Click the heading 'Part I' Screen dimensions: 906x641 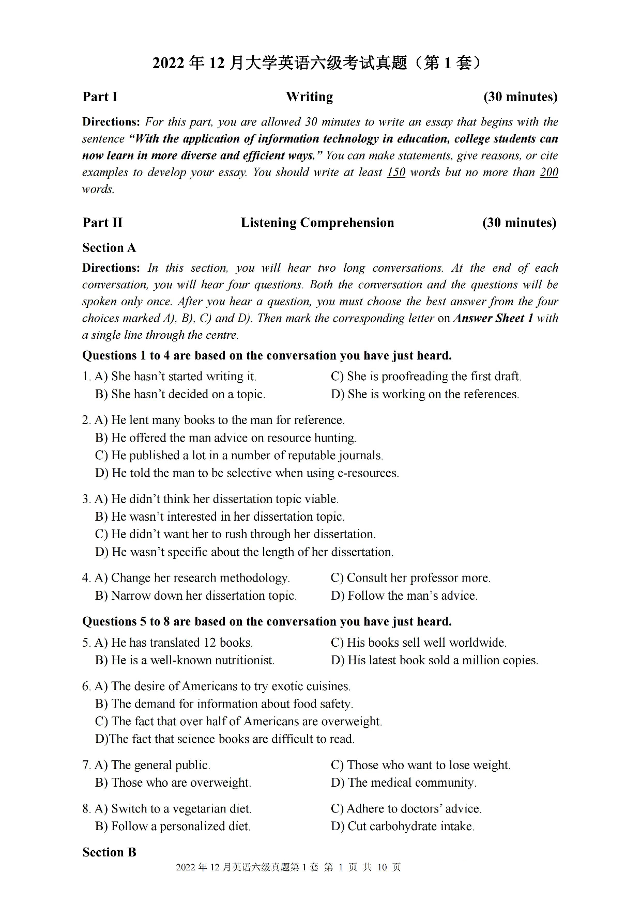point(100,97)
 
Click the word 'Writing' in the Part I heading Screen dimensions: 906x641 point(309,97)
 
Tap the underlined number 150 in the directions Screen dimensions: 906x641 point(395,173)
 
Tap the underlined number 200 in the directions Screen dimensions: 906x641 point(548,173)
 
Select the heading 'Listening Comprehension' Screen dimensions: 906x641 point(317,223)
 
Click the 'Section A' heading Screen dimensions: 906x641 point(109,248)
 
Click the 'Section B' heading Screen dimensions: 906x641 point(109,852)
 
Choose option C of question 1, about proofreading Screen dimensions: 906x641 point(426,377)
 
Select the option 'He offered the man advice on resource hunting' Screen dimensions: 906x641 point(226,438)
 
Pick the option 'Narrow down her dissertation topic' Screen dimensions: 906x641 point(196,596)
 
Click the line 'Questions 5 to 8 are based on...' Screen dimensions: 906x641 point(267,621)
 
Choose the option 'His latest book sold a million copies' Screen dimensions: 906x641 point(434,660)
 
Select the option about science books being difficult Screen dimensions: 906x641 point(225,739)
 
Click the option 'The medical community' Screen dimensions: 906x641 point(404,783)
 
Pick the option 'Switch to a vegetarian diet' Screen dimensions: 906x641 point(174,809)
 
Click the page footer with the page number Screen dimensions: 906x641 point(288,867)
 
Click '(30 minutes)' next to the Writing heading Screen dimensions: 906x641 point(520,97)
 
